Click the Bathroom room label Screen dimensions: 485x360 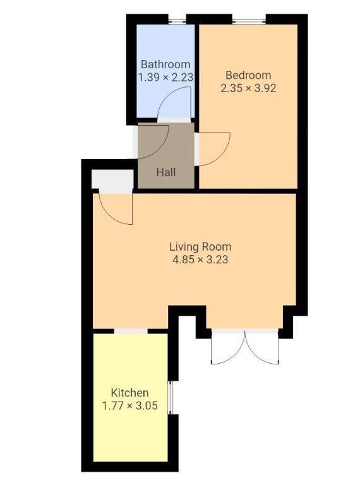[x=165, y=64]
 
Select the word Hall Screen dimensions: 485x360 [x=166, y=172]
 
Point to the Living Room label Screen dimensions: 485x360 [x=200, y=246]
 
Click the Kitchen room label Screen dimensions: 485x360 [x=130, y=393]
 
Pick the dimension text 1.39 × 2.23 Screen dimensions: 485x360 [x=165, y=77]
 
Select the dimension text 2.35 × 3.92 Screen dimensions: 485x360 [x=248, y=88]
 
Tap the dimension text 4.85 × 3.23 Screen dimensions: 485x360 [x=200, y=259]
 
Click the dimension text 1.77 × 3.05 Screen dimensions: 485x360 [x=130, y=405]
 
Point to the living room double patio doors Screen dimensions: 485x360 [x=244, y=347]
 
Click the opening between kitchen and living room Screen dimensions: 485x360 [x=131, y=331]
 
